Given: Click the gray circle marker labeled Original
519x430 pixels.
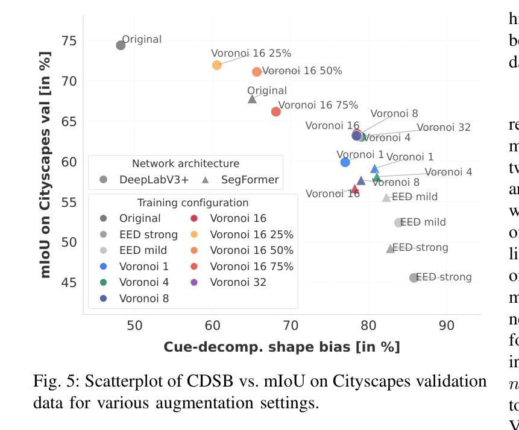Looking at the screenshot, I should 121,45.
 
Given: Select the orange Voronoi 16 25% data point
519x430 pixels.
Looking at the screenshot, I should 217,65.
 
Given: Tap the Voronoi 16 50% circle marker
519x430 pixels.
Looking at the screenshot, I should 257,72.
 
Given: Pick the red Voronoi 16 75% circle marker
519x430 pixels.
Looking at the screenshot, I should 276,112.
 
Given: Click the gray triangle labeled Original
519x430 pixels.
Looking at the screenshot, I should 253,99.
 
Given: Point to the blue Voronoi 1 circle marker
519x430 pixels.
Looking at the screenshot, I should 345,162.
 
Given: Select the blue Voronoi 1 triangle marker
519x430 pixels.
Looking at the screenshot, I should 374,169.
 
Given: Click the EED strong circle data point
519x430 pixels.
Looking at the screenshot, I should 414,278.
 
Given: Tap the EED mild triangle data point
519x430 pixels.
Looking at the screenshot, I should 386,198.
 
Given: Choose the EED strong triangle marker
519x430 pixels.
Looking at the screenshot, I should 391,248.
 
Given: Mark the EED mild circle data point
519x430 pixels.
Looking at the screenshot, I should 398,223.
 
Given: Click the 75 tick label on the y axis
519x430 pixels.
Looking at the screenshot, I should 69,40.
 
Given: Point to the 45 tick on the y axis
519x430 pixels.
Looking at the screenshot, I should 69,282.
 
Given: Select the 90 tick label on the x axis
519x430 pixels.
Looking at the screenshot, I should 447,326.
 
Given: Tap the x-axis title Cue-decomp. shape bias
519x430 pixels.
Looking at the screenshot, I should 282,347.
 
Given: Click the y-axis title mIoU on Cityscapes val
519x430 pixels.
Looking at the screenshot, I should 45,164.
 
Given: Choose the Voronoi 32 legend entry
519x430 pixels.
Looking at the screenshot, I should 238,282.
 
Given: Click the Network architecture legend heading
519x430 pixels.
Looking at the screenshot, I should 186,163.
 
